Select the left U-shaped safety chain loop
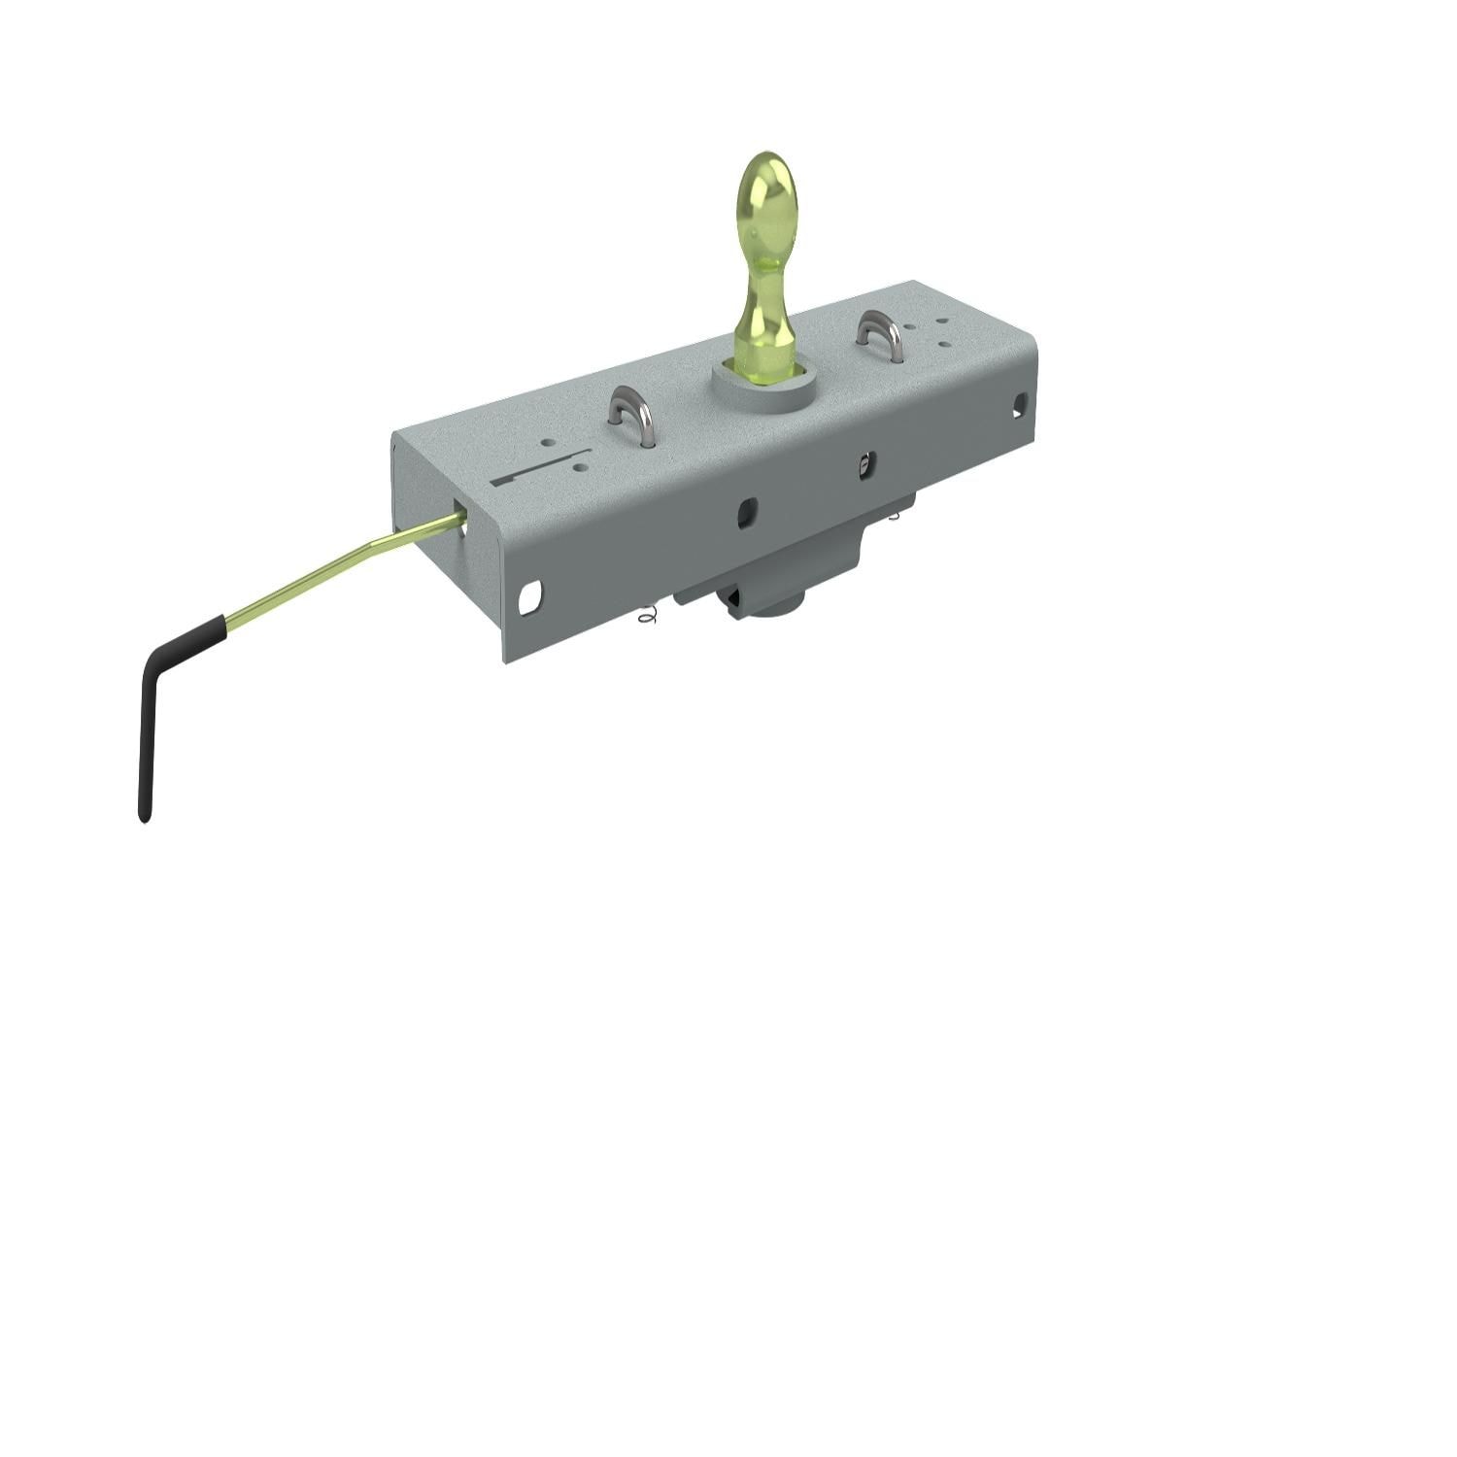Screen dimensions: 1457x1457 (x=630, y=413)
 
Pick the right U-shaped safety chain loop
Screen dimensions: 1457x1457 (x=880, y=335)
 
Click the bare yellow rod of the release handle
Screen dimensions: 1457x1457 (x=330, y=568)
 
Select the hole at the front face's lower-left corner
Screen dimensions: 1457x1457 (x=529, y=597)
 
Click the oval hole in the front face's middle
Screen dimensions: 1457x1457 (x=746, y=512)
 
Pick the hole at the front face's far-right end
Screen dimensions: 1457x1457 (x=1019, y=404)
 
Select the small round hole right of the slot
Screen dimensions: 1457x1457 (x=582, y=467)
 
